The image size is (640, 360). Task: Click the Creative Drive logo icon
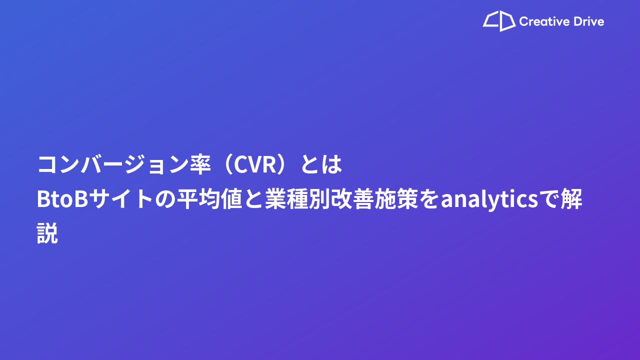pos(499,21)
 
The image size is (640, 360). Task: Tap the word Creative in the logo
pos(544,21)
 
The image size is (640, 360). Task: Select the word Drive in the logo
pos(588,21)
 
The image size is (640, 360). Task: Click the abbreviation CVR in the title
pos(255,165)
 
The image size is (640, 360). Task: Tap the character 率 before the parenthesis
pos(200,164)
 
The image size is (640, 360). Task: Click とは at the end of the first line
pos(321,164)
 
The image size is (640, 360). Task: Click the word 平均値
pos(209,199)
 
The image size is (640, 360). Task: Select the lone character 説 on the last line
pos(47,233)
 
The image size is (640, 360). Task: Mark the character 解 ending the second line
pos(571,199)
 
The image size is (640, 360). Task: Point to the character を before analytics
pos(429,199)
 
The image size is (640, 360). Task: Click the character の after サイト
pos(165,199)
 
